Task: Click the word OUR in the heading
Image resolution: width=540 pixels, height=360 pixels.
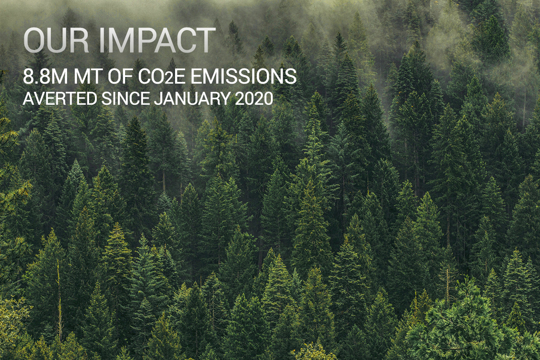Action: coord(56,40)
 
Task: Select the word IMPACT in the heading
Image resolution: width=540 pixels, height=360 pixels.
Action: coord(157,40)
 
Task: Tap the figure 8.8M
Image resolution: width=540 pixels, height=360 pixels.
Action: coord(45,76)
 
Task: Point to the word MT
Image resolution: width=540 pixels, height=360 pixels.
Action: coord(87,76)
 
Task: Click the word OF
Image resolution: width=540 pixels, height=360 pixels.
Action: coord(120,76)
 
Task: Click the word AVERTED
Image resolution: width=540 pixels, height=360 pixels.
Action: coord(60,99)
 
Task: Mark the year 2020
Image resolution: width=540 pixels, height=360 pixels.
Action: coord(254,99)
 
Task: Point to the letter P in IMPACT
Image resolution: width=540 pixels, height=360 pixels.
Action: coord(143,40)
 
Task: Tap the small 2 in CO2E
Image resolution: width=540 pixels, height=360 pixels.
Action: coord(170,79)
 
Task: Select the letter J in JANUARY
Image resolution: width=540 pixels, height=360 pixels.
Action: coord(158,99)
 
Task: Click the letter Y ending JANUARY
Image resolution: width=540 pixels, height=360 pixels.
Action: coord(224,99)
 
